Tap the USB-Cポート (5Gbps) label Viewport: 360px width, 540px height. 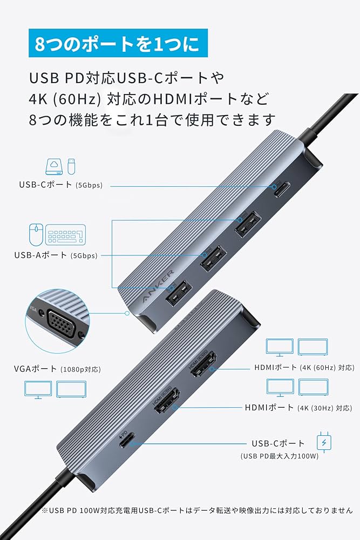60,185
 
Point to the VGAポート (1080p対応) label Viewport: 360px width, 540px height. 57,369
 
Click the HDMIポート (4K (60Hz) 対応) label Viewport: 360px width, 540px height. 304,367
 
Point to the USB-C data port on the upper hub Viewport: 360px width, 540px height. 282,190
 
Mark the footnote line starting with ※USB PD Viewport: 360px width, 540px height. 196,510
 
